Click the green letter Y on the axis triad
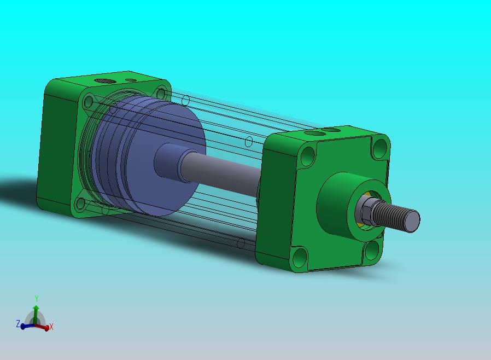(37, 298)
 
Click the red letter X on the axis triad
(51, 327)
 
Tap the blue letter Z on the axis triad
(18, 324)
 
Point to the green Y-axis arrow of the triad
(36, 314)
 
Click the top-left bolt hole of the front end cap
(308, 156)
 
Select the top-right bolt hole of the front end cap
(381, 148)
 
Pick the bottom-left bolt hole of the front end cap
(300, 257)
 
